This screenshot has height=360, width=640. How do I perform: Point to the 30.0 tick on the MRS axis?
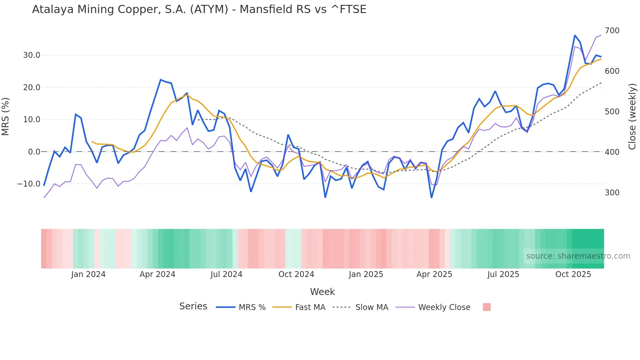point(32,55)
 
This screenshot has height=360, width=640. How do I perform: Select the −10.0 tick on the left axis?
point(29,184)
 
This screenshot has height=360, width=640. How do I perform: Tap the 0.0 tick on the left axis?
point(34,152)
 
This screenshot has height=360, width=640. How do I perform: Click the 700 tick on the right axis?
point(612,31)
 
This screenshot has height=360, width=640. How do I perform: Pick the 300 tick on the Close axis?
point(612,193)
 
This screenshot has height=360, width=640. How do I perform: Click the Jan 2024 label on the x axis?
point(88,274)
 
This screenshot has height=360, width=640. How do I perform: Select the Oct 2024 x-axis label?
point(296,274)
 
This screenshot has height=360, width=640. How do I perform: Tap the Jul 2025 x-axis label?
point(503,274)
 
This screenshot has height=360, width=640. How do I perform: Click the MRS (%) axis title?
point(6,117)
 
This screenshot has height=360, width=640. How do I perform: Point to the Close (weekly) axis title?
point(632,117)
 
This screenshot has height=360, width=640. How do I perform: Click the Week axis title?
point(322,292)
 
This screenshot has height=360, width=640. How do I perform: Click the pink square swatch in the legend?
point(487,307)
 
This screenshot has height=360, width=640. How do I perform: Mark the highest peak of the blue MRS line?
point(575,35)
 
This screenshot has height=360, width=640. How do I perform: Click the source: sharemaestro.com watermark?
point(578,256)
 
